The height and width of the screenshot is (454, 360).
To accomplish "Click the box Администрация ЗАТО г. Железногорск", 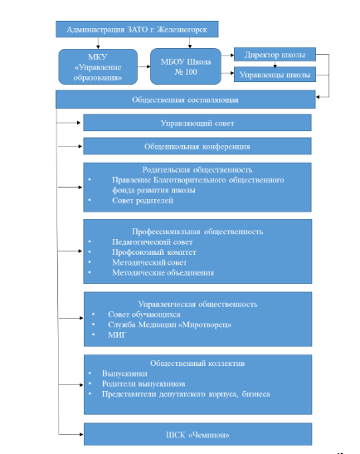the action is [x=137, y=29].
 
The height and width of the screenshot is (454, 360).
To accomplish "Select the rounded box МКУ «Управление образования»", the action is [x=98, y=67].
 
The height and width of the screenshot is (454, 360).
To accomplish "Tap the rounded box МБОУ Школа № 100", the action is [x=186, y=66].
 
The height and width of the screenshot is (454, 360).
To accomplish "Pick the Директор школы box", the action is [x=275, y=55].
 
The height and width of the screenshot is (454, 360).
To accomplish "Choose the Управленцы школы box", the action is [x=275, y=75].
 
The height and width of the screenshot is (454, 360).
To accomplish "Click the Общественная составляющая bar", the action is [x=186, y=100].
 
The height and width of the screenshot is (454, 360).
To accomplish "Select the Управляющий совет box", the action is [x=197, y=123].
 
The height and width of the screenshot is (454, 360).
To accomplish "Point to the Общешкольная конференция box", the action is [x=197, y=146].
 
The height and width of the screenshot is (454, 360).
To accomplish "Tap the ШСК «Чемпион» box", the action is [x=197, y=434].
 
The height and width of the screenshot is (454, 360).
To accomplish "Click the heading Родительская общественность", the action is [x=197, y=169].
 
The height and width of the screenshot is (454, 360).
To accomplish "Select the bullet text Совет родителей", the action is [x=143, y=200].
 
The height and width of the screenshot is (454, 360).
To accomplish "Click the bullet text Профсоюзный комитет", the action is [x=154, y=252].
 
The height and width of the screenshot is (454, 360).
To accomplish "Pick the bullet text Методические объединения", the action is [x=163, y=273].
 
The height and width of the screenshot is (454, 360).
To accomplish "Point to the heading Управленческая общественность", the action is [x=197, y=304].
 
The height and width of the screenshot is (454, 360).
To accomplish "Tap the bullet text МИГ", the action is [x=117, y=335].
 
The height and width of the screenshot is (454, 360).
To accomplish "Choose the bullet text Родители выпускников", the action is [x=144, y=384].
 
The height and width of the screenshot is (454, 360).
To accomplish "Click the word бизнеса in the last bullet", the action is [x=255, y=394].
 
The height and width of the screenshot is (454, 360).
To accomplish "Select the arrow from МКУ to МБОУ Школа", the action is [x=144, y=66].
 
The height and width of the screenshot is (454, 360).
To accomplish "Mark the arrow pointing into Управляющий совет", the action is [x=68, y=123].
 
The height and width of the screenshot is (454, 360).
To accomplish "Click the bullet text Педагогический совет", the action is [x=153, y=242].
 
